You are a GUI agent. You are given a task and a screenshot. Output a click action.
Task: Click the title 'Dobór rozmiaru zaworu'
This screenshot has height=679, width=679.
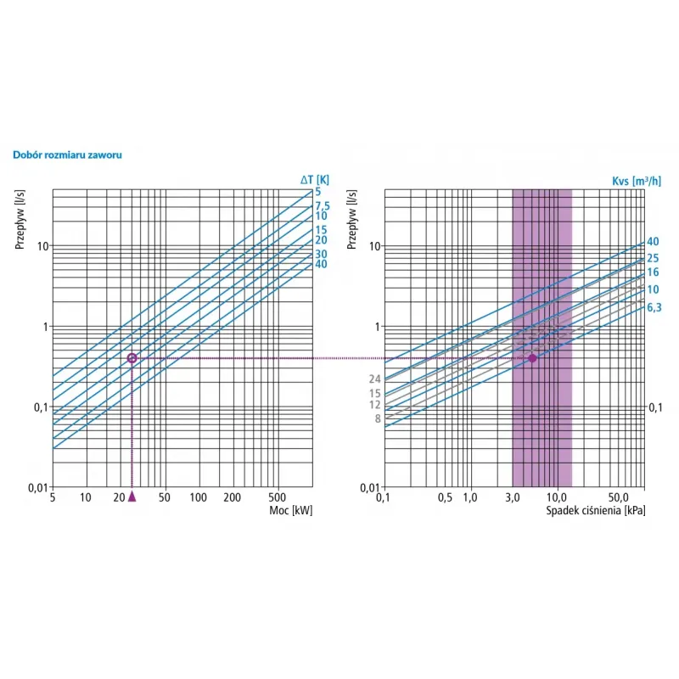(68, 156)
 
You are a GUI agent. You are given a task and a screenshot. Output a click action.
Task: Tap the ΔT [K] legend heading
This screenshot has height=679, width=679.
(316, 179)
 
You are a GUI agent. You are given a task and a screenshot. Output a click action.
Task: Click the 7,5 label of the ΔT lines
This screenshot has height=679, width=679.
(322, 205)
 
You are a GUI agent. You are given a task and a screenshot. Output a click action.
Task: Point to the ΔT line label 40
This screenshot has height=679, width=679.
(321, 264)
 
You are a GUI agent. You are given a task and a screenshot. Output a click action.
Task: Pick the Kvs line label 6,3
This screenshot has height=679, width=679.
(655, 306)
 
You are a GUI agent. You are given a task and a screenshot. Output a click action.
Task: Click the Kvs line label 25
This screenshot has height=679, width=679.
(653, 258)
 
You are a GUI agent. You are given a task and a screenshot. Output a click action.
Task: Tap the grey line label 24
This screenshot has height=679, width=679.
(374, 379)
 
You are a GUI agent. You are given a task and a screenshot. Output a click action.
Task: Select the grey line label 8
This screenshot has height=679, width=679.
(376, 418)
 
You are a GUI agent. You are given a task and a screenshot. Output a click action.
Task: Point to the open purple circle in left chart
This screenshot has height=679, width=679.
(132, 358)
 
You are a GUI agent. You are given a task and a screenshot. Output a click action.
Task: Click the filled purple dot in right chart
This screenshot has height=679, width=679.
(532, 358)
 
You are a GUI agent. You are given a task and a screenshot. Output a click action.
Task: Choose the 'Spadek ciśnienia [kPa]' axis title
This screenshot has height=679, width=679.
(595, 509)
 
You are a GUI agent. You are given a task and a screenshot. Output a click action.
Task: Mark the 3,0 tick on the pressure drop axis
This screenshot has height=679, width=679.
(512, 497)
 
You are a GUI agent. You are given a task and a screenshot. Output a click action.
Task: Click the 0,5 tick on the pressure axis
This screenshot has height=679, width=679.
(445, 497)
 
